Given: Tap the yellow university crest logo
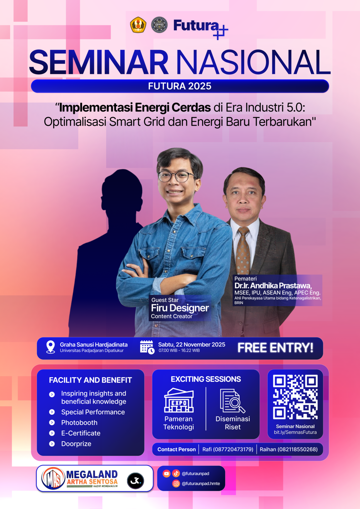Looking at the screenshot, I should (138, 25).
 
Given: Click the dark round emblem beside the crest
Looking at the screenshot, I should (159, 25).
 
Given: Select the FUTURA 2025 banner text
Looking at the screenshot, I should (180, 86).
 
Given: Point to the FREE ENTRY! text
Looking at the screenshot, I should (275, 348).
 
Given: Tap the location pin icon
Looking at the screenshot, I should (51, 347).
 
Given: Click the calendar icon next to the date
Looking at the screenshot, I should (147, 347).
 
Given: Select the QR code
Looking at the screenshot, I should (295, 397).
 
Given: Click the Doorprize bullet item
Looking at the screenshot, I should (76, 444).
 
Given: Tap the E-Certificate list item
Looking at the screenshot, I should (81, 433).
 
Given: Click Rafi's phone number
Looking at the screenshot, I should (228, 449).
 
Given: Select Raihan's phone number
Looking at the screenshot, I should (289, 449).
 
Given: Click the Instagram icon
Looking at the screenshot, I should (176, 483).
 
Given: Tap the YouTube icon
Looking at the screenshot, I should (166, 473).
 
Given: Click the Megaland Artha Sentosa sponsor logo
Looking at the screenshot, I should (80, 479).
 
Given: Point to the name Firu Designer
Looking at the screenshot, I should (180, 308).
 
